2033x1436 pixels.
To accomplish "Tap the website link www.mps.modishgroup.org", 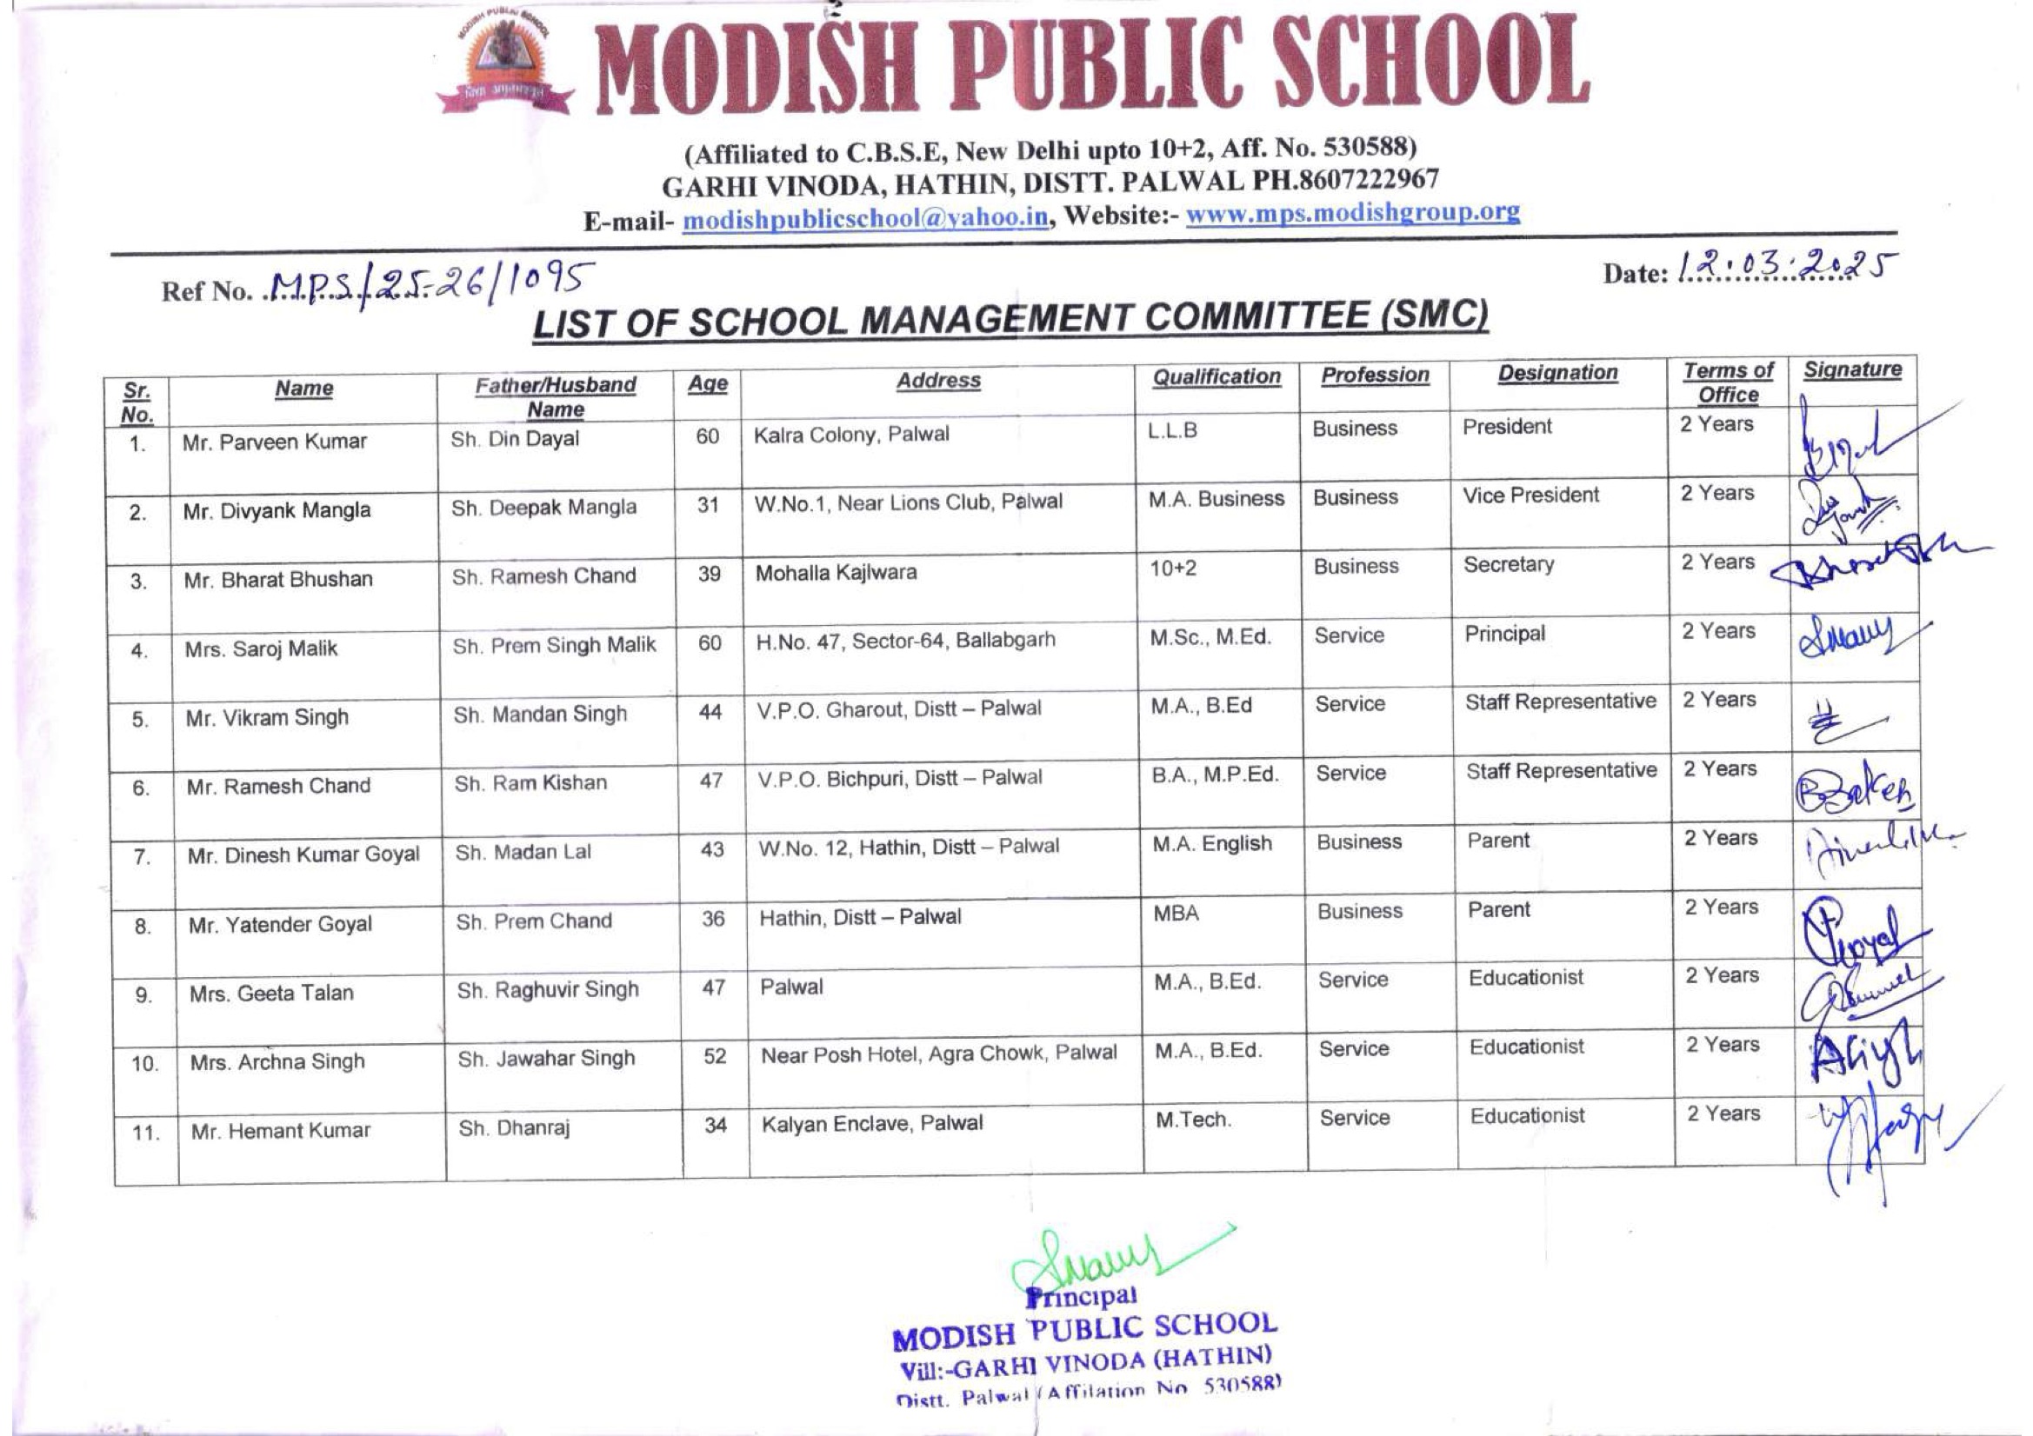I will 1352,212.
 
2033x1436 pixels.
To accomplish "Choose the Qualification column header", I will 1216,377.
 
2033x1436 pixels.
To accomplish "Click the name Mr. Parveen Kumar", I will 275,441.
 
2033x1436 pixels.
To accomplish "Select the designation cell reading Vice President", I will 1530,495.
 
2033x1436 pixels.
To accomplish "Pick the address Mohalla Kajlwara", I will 836,572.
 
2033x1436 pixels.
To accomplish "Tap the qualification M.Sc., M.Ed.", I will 1210,636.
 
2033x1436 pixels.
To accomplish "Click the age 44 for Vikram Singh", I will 710,712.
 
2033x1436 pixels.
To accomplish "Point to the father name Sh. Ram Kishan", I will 530,782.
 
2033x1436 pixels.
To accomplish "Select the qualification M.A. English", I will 1211,844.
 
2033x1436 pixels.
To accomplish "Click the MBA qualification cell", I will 1176,913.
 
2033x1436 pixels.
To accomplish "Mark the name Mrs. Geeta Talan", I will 271,994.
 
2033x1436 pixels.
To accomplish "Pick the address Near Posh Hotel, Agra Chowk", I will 938,1054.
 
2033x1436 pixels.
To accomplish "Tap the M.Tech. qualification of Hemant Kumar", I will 1193,1120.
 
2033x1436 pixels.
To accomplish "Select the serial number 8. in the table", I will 143,927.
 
